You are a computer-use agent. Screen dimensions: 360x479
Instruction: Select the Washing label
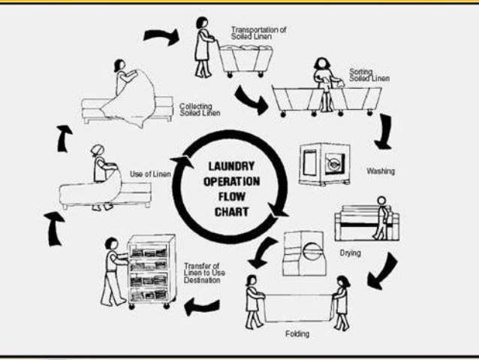pyautogui.click(x=381, y=171)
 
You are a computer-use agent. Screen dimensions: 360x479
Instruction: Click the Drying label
pyautogui.click(x=350, y=253)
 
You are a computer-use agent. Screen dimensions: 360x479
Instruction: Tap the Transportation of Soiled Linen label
pyautogui.click(x=258, y=33)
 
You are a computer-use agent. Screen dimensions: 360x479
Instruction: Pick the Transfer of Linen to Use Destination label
pyautogui.click(x=203, y=273)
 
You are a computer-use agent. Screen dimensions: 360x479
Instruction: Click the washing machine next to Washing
pyautogui.click(x=320, y=163)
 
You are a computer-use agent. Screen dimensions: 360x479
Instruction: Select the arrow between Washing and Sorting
pyautogui.click(x=386, y=130)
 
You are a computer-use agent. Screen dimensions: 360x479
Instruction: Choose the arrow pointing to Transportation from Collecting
pyautogui.click(x=161, y=35)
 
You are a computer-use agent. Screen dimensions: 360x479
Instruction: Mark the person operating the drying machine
pyautogui.click(x=382, y=218)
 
